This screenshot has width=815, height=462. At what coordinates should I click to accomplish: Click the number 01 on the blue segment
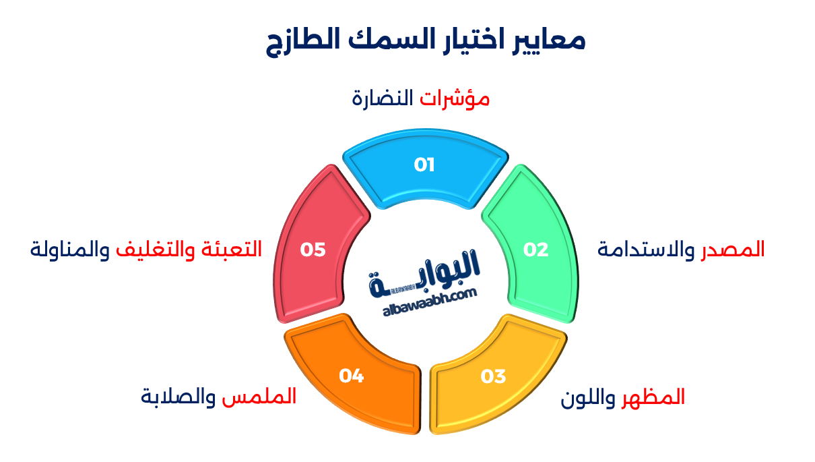pos(424,165)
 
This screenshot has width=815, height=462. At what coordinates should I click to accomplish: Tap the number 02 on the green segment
pos(536,250)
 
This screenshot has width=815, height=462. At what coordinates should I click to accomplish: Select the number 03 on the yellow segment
pos(493,376)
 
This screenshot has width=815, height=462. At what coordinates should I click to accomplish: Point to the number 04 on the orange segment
pos(352,376)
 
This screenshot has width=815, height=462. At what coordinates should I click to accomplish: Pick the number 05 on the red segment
pos(313,250)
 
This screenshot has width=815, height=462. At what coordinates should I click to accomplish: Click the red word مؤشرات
pos(455,99)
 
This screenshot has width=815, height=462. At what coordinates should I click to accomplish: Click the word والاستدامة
pos(647,250)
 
